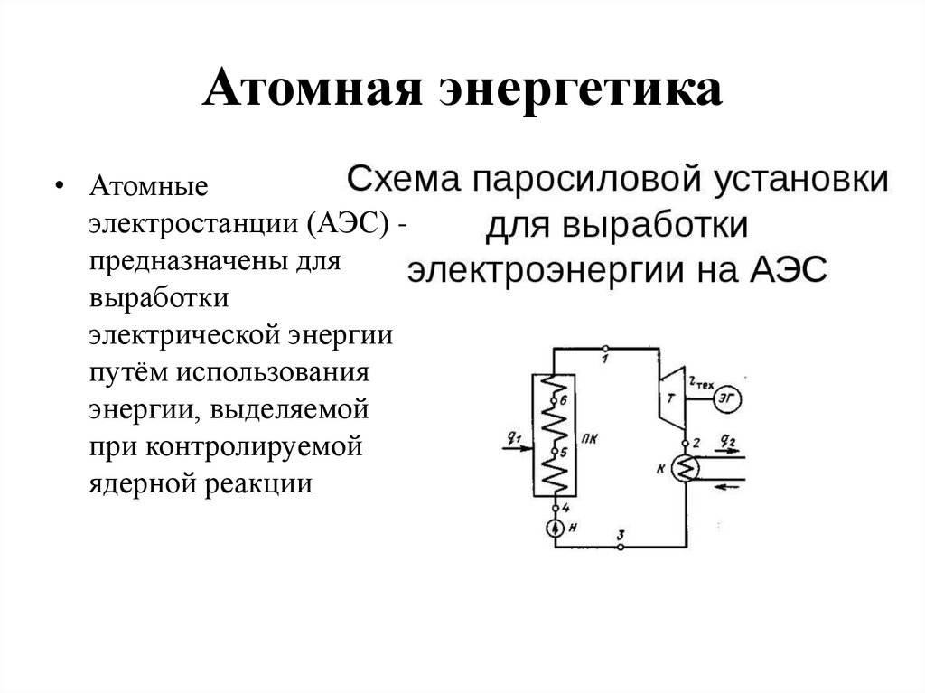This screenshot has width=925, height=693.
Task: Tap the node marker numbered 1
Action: coord(604,348)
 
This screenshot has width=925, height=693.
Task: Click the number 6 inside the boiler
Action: coord(563,398)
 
